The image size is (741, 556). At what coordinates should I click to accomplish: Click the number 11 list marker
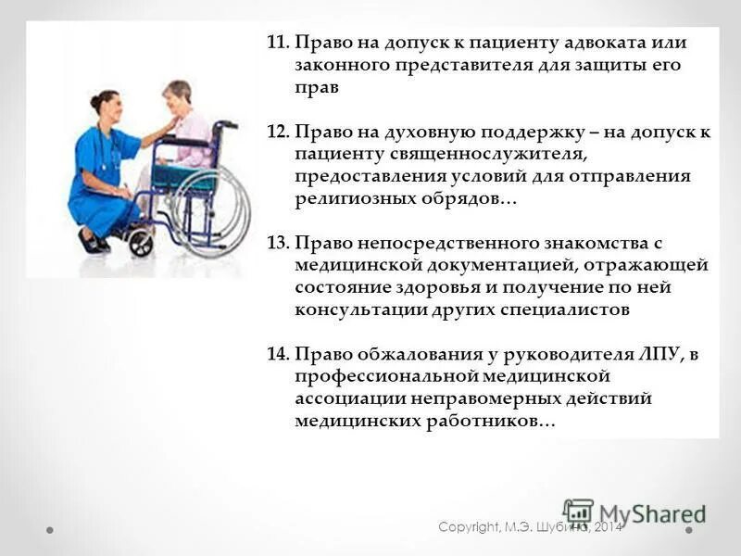click(x=277, y=44)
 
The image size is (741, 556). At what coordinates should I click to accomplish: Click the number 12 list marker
click(x=277, y=133)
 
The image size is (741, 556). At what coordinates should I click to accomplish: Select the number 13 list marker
click(x=277, y=243)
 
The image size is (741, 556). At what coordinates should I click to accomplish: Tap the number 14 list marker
click(x=277, y=354)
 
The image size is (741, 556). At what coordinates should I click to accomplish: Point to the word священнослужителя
click(x=446, y=155)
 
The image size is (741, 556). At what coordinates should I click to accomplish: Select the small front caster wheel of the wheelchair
click(x=141, y=244)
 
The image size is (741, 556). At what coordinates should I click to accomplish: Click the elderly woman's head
click(x=177, y=94)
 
